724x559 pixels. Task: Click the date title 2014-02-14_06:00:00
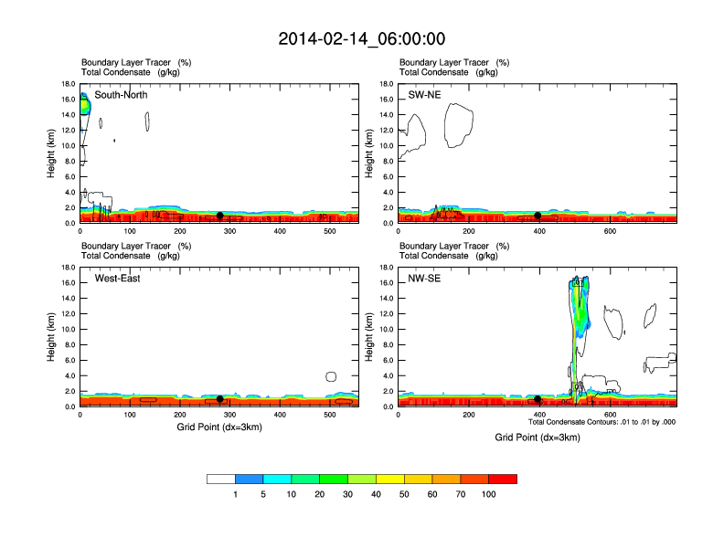pos(362,39)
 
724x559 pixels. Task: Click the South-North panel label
pos(121,95)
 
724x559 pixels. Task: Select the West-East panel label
pos(118,279)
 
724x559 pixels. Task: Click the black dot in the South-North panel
pos(219,216)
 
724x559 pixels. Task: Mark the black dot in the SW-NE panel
pos(538,216)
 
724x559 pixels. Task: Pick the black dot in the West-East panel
pos(219,398)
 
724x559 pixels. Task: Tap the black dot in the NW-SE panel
pos(538,399)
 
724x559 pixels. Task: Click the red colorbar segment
pos(503,479)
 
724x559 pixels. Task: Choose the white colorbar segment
pos(221,479)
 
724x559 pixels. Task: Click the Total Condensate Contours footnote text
pos(602,422)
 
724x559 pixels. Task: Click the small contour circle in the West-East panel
pos(331,376)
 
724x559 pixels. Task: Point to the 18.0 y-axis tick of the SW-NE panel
pos(386,84)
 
